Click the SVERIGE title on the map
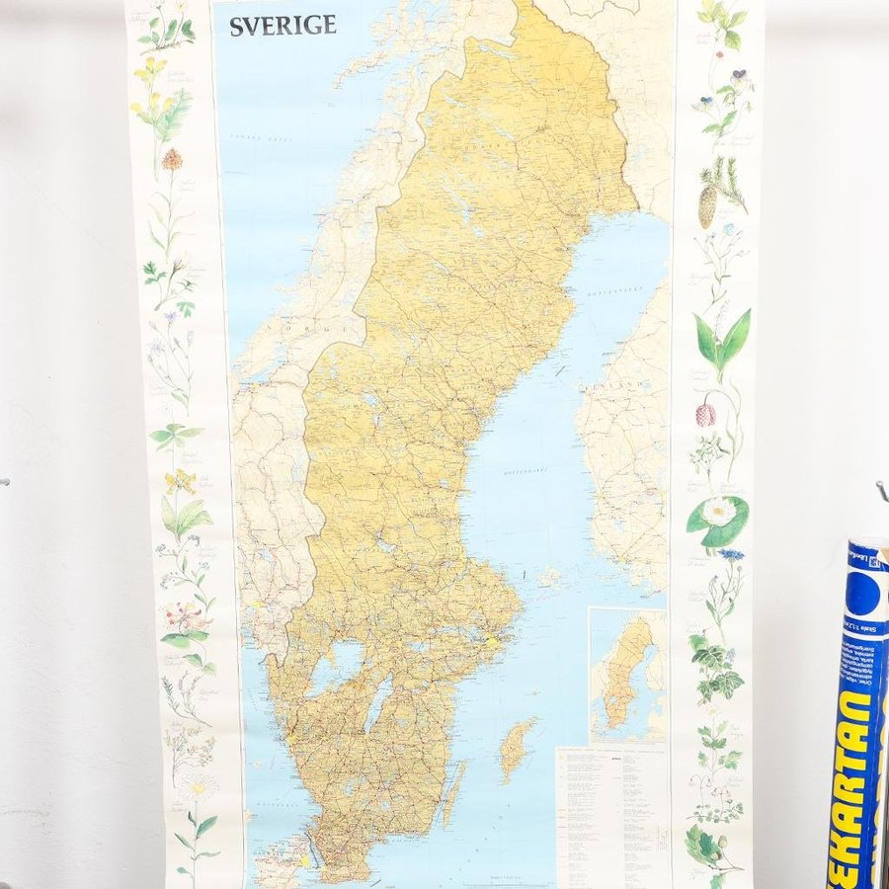click(x=283, y=26)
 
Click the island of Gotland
click(x=517, y=748)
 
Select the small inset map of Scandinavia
click(x=628, y=675)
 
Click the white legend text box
click(x=612, y=815)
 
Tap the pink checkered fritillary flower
click(x=705, y=414)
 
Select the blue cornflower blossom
click(x=730, y=555)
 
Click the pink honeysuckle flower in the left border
click(x=185, y=617)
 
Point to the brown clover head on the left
click(x=172, y=158)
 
